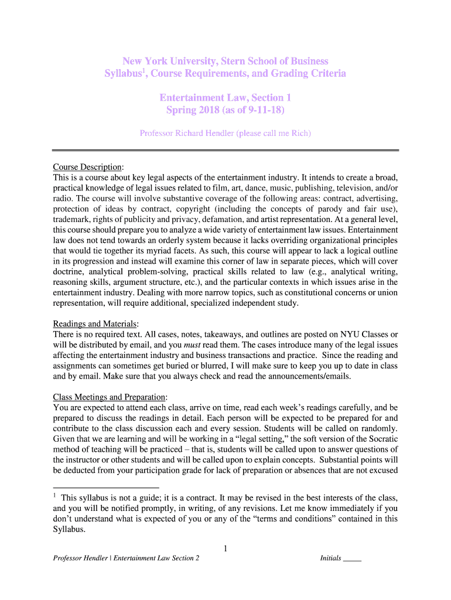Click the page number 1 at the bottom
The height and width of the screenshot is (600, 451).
[225, 548]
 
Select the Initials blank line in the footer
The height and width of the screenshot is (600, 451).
[352, 558]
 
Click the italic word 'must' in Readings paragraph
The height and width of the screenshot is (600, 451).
[192, 345]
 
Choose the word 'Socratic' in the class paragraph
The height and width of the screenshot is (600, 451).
[379, 438]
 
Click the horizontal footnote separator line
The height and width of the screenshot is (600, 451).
[105, 487]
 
